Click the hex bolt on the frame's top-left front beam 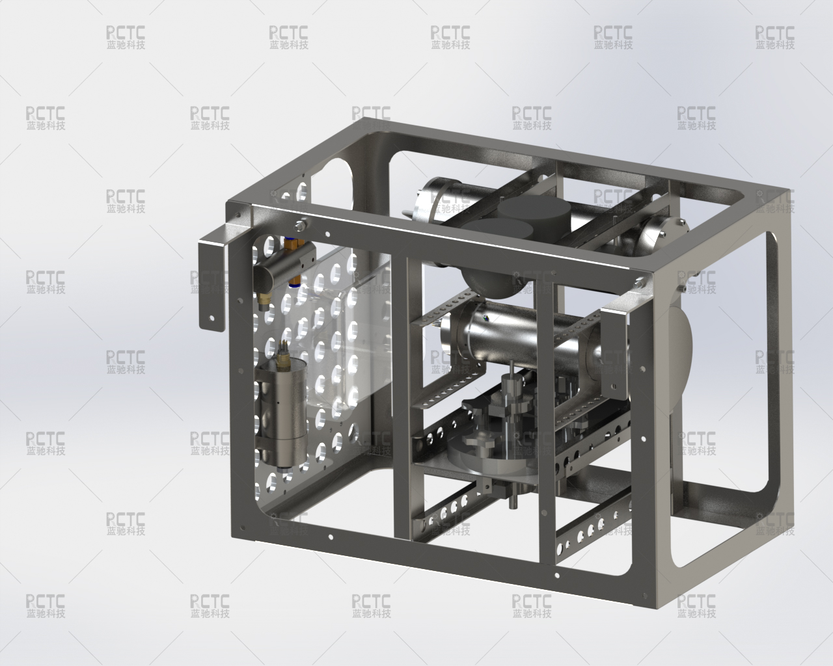299,224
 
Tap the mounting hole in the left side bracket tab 212,318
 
